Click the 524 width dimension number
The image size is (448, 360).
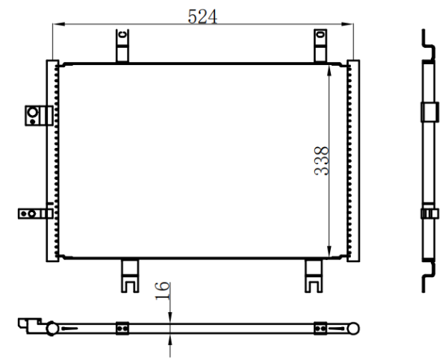(202, 16)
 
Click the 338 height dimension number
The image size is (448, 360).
(322, 161)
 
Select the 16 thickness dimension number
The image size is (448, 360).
(162, 291)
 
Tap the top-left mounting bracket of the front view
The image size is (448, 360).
(122, 45)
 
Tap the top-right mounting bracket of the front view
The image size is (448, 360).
(320, 45)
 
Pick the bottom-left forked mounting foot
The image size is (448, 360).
(130, 276)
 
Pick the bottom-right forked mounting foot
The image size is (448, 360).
(314, 276)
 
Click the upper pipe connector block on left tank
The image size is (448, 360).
(39, 116)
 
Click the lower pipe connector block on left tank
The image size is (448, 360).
(35, 214)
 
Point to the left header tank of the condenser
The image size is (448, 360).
(52, 161)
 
